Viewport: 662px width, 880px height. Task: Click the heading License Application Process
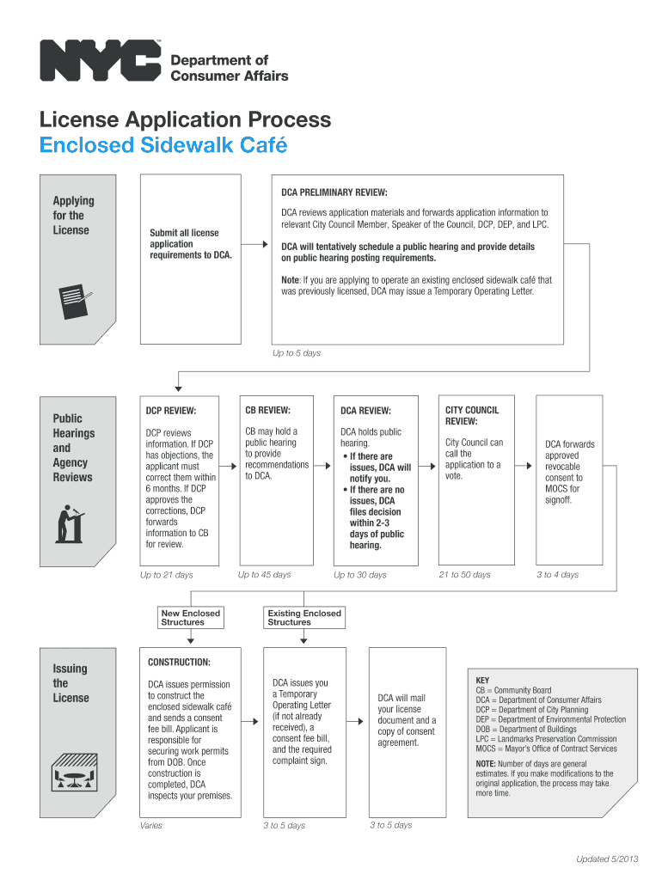click(x=185, y=119)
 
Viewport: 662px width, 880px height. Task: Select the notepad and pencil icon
click(x=74, y=298)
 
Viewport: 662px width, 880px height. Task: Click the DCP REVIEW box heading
click(x=171, y=411)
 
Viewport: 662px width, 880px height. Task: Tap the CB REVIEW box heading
click(x=267, y=410)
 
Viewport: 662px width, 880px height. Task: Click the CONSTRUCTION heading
click(x=179, y=663)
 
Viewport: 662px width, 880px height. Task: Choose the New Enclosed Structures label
click(x=191, y=618)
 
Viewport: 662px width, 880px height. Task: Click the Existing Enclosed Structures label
click(x=304, y=618)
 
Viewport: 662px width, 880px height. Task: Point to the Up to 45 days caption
click(x=265, y=575)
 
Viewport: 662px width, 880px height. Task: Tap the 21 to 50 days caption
click(x=464, y=575)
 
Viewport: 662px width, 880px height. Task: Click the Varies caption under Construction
click(x=150, y=826)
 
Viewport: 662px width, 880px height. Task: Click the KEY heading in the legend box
click(x=482, y=680)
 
